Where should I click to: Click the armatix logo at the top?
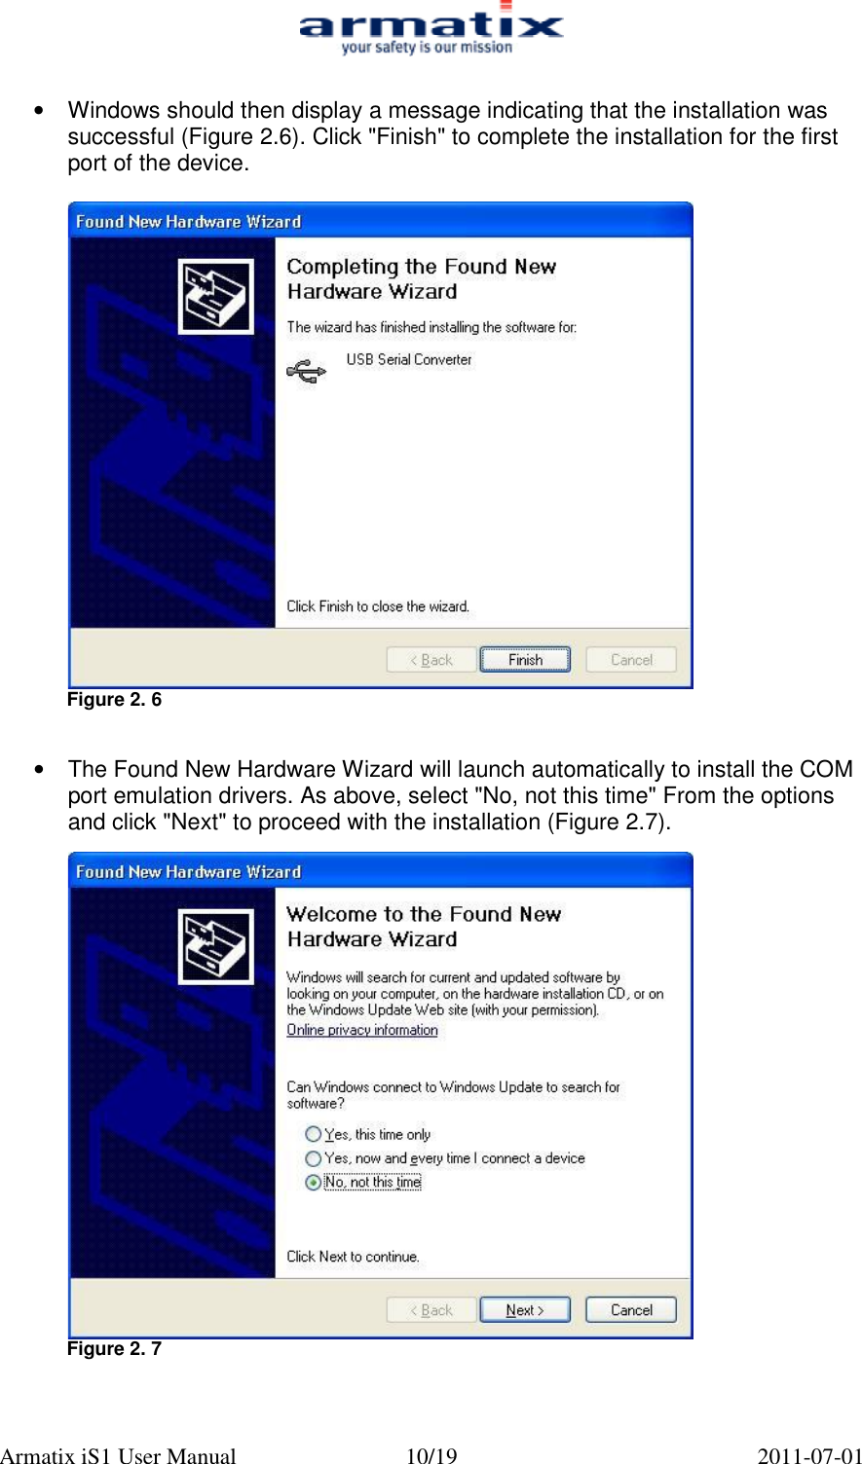point(431,29)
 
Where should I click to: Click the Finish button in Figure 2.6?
point(525,660)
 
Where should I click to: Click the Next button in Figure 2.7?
point(525,1310)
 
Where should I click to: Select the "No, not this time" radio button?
point(313,1183)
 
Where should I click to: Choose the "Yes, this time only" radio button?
point(313,1134)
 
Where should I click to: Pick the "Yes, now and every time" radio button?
point(313,1158)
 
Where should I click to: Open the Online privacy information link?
point(361,1030)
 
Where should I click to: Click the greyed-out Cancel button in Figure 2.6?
point(631,660)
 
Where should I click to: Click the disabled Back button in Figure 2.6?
point(431,660)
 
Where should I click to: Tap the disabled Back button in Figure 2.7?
point(431,1310)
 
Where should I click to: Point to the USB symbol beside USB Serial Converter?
point(306,372)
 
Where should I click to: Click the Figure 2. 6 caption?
point(114,700)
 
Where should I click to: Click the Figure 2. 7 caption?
point(114,1349)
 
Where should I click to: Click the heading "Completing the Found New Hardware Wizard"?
point(421,279)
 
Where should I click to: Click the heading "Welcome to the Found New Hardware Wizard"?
point(424,927)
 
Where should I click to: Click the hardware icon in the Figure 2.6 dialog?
point(216,297)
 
